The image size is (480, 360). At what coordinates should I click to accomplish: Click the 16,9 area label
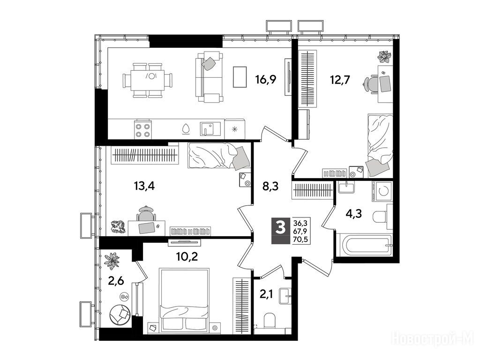point(266,80)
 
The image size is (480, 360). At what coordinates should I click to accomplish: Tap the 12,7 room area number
point(339,80)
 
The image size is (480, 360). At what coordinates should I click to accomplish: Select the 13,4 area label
point(144,186)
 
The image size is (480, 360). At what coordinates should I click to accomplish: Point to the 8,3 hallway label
point(270,186)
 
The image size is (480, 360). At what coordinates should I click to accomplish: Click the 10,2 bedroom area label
point(187,256)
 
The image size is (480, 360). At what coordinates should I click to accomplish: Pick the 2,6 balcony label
point(116,281)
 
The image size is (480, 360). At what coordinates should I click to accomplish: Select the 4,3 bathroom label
point(354,213)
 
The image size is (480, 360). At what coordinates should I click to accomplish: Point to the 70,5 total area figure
point(300,240)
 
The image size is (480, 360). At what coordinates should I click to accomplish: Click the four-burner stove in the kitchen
point(143,130)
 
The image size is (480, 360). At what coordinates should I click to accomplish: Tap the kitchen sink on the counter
point(210,129)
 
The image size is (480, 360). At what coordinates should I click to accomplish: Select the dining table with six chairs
point(147,80)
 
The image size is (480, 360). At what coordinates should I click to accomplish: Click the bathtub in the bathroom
point(364,245)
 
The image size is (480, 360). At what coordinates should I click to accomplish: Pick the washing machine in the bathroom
point(382,192)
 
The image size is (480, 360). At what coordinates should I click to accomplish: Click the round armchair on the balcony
point(120,314)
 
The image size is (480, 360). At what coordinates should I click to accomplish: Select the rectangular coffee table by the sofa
point(240,77)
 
